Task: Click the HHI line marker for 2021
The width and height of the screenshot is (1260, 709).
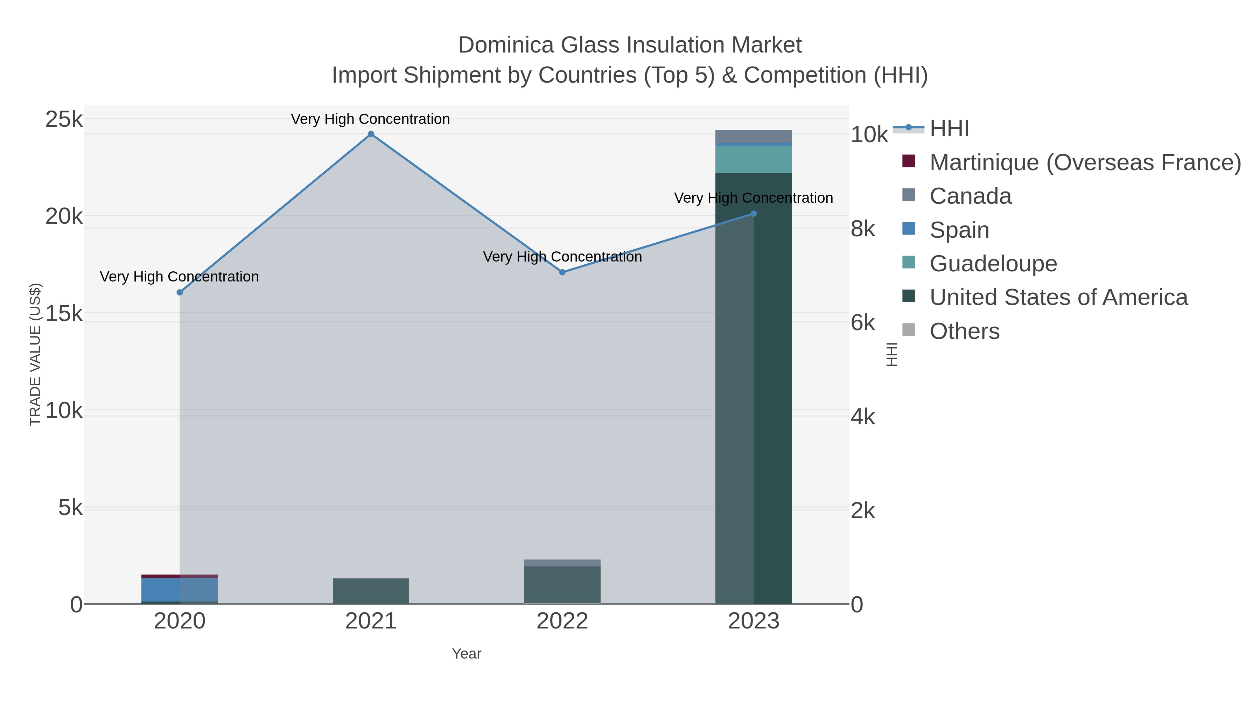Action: [371, 134]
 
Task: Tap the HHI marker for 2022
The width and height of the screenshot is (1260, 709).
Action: [562, 272]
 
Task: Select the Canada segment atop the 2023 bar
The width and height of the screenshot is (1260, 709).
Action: [753, 136]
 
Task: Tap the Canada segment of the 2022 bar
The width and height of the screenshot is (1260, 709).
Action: [562, 563]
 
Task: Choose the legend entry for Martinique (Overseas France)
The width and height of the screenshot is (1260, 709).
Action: [1085, 162]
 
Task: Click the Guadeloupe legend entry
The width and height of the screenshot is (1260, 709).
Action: [993, 264]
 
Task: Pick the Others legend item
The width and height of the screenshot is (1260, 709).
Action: [964, 331]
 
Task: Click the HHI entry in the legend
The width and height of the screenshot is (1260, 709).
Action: [948, 129]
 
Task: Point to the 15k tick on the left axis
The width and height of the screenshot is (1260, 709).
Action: [64, 314]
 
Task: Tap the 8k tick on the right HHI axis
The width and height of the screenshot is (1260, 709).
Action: [862, 229]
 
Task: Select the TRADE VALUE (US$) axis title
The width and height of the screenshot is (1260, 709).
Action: [35, 355]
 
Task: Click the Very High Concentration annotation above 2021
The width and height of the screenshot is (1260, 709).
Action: [370, 119]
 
